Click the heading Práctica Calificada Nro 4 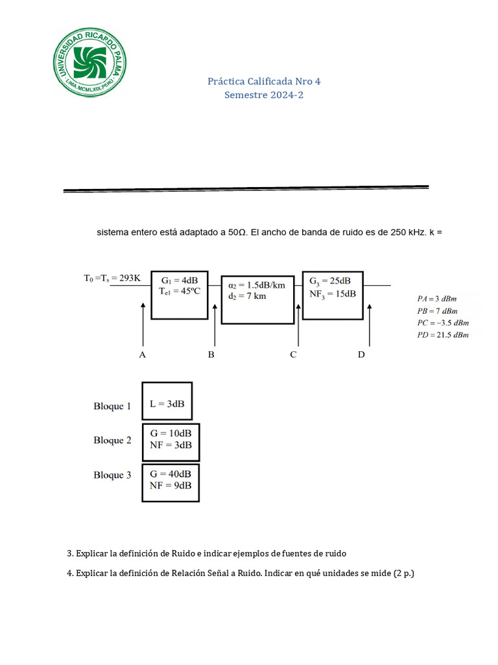coord(264,82)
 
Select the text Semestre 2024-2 coord(264,95)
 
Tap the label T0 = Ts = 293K coord(112,278)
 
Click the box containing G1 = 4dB coord(180,294)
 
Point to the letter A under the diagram coord(143,355)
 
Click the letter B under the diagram coord(211,355)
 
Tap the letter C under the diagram coord(294,355)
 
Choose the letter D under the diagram coord(362,355)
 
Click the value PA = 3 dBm coord(438,299)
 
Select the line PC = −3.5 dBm coord(442,323)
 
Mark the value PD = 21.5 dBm coord(442,335)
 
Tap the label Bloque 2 coord(112,440)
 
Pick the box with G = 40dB coord(171,482)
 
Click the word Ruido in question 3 coord(184,554)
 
